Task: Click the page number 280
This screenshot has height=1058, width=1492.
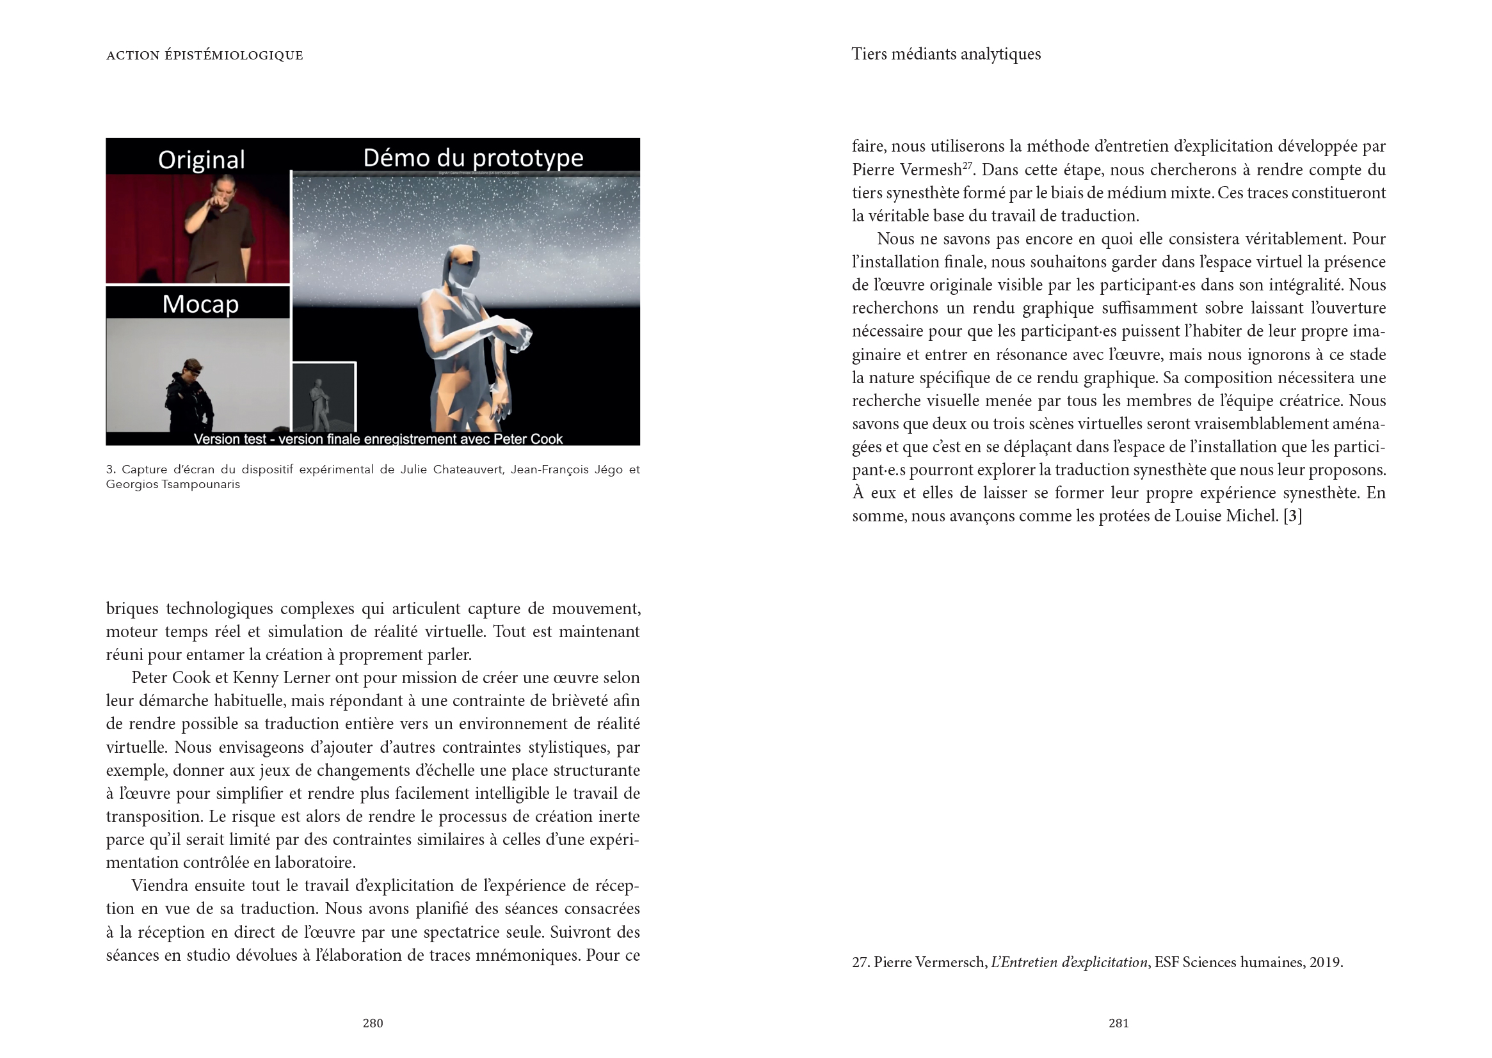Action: coord(372,1023)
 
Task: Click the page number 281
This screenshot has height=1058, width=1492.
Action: coord(1118,1023)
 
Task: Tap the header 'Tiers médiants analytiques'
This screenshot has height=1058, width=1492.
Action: coord(946,54)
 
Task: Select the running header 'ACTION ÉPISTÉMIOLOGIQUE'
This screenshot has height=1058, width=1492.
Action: coord(205,56)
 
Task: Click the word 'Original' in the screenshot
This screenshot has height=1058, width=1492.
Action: coord(201,160)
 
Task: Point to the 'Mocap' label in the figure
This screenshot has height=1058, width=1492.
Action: coord(200,304)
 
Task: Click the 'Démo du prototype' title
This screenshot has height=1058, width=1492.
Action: coord(472,157)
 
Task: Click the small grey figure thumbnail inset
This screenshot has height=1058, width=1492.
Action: coord(323,397)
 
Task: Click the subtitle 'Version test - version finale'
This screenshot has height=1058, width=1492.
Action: coord(378,438)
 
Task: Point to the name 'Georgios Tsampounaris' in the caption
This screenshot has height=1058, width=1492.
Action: coord(173,484)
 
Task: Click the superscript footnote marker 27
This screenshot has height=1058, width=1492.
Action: coord(967,166)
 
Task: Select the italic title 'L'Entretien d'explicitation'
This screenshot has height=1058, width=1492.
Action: coord(1069,962)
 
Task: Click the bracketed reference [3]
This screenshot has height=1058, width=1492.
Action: coord(1292,516)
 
